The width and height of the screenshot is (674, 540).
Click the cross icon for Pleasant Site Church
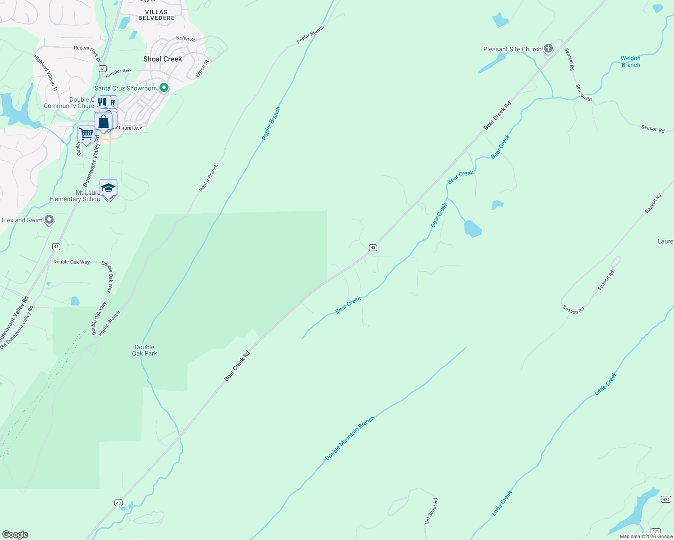tap(548, 48)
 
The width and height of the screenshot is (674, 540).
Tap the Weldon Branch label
tap(630, 62)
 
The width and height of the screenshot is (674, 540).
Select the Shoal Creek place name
tap(163, 59)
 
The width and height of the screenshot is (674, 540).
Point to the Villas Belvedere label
tap(156, 15)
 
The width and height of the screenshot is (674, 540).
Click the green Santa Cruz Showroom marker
tap(164, 88)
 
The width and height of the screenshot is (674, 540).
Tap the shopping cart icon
tap(86, 134)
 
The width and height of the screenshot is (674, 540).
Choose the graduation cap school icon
tap(108, 188)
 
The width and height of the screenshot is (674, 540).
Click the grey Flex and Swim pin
tap(50, 220)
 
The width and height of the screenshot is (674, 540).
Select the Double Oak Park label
tap(145, 350)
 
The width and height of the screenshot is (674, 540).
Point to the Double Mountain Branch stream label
tap(350, 438)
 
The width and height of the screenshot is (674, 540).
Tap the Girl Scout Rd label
tap(431, 511)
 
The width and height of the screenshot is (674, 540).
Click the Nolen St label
tap(186, 39)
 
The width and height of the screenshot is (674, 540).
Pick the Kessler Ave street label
tap(118, 71)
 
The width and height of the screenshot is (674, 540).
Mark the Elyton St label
tap(202, 69)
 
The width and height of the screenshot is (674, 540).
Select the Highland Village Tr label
tap(46, 73)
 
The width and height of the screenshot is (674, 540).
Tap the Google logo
tap(15, 535)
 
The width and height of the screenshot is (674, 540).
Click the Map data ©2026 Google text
tap(646, 536)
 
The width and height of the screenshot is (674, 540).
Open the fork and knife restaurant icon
tap(102, 102)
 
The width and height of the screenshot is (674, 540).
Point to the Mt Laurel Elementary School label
tap(76, 196)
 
